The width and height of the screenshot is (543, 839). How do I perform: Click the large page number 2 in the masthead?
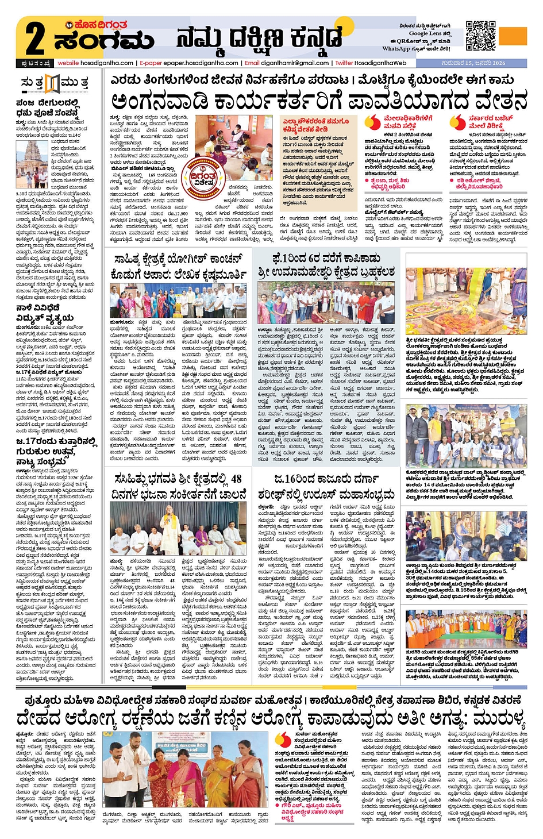(34, 39)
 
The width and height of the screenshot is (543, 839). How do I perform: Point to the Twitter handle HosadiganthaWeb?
(380, 63)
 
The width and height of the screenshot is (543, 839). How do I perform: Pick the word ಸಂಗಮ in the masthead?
(103, 42)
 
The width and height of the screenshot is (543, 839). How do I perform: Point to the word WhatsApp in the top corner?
(396, 49)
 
